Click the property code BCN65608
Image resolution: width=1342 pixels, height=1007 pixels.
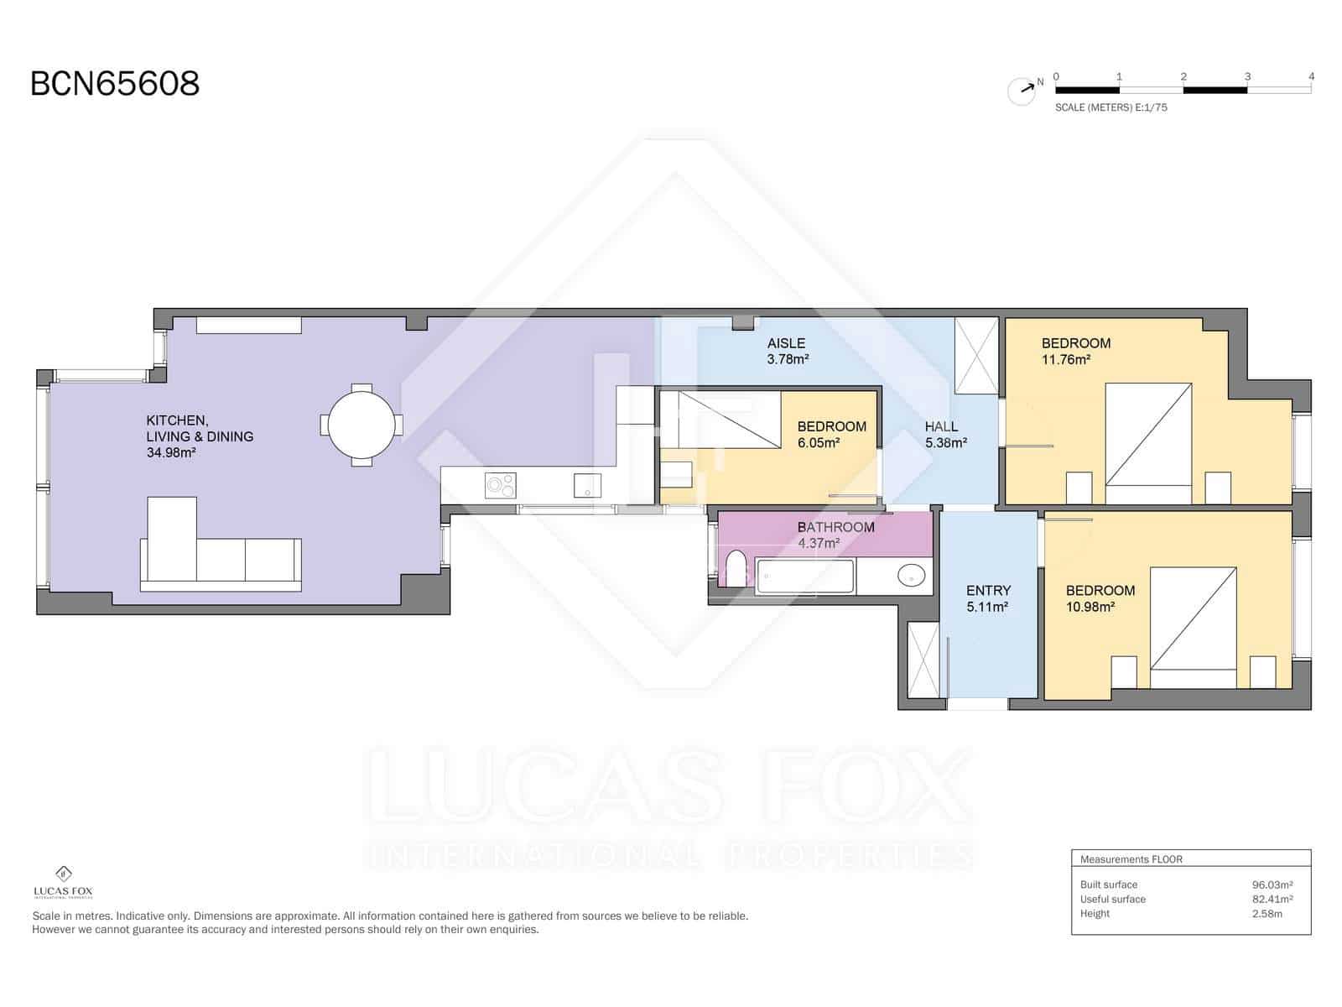[x=115, y=84]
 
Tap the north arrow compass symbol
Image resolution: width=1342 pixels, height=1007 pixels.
[x=1022, y=91]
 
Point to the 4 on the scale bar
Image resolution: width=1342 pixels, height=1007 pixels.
[x=1311, y=76]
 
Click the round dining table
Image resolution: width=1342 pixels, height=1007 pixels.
[x=361, y=424]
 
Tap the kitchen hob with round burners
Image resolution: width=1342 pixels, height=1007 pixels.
[x=501, y=485]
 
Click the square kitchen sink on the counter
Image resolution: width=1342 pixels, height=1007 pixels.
[x=587, y=485]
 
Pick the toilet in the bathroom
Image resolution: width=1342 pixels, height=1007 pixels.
[x=736, y=570]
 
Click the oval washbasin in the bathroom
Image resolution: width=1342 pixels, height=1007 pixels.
[x=911, y=576]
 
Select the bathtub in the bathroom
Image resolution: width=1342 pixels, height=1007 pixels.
[x=805, y=577]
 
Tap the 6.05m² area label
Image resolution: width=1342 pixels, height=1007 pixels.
[x=819, y=443]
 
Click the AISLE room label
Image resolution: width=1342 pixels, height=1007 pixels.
[x=786, y=343]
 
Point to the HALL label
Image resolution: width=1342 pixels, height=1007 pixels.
[x=941, y=426]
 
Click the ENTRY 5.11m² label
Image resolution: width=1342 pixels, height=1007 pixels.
[x=988, y=598]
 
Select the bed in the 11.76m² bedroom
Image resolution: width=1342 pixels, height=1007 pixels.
[x=1148, y=435]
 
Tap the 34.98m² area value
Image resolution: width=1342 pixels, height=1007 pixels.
[x=171, y=453]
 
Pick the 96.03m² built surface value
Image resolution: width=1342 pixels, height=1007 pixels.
[x=1272, y=884]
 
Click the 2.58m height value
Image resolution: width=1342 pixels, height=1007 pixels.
[x=1267, y=914]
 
